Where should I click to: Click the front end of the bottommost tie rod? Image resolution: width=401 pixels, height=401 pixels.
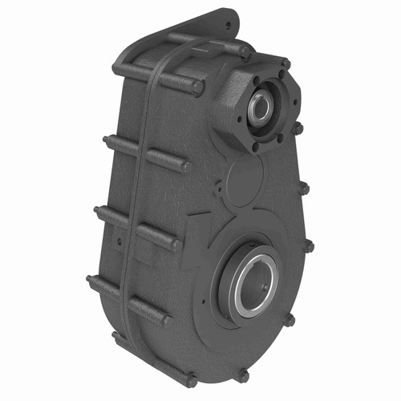[x=192, y=382]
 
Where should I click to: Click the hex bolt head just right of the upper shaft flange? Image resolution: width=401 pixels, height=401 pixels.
[x=298, y=128]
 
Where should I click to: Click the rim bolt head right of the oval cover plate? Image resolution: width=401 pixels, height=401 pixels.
[x=305, y=189]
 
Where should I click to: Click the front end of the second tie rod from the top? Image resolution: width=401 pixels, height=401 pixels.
[x=184, y=167]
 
